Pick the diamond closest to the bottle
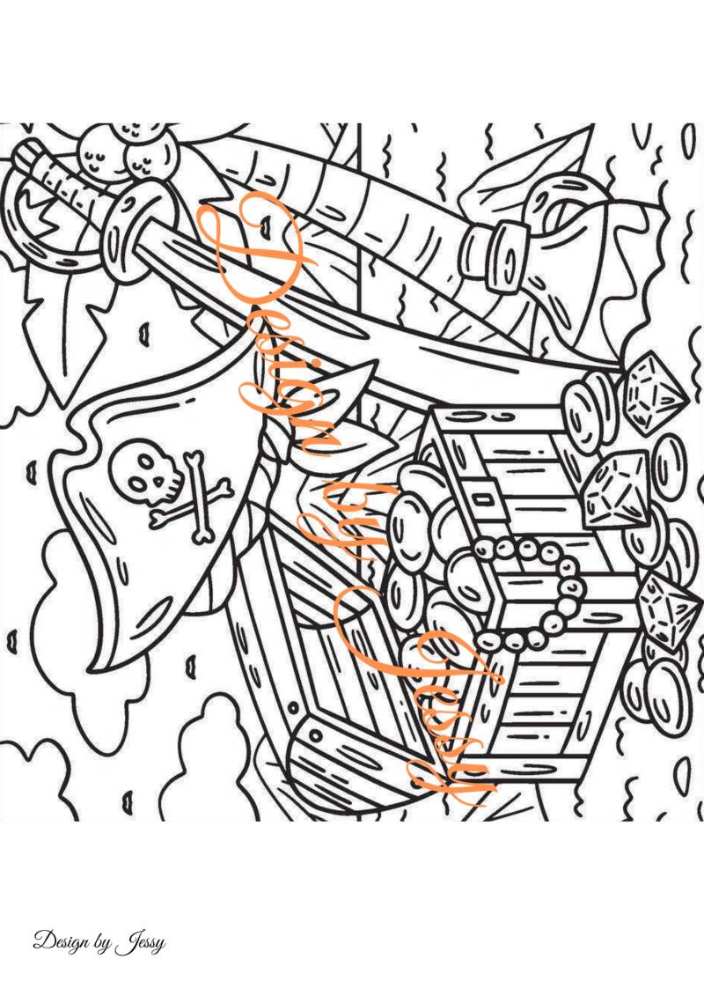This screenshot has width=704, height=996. coord(654,391)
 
